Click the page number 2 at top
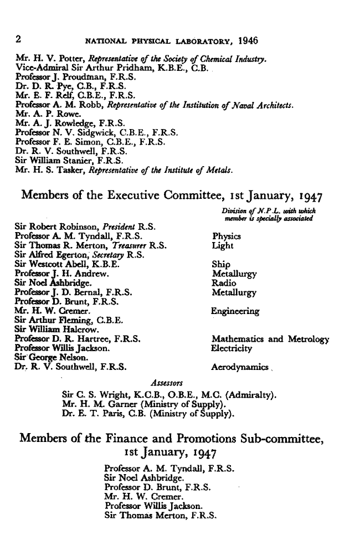(18, 40)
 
